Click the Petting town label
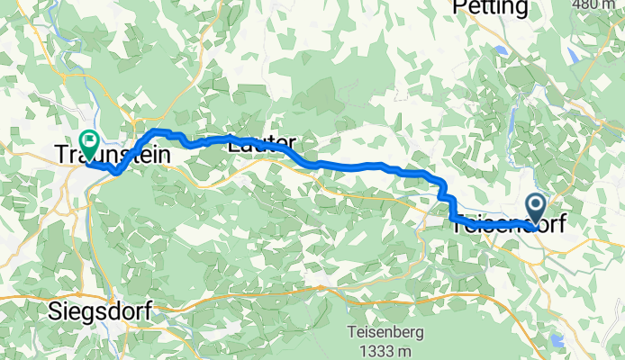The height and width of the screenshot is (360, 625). tap(490, 8)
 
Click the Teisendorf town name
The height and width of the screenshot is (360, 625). tap(509, 225)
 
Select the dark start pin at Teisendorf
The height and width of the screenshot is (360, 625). tap(535, 208)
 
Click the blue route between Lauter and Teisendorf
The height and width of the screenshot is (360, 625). tap(360, 166)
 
